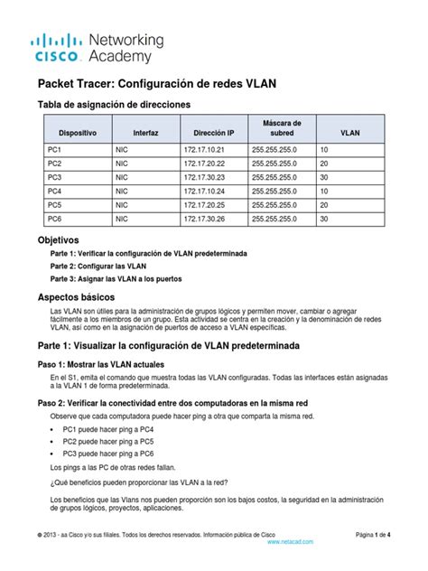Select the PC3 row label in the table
[55, 178]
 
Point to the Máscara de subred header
[283, 127]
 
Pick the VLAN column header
[349, 133]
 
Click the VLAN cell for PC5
[324, 206]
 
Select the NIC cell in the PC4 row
[123, 192]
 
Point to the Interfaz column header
[145, 133]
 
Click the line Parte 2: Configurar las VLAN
[98, 267]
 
